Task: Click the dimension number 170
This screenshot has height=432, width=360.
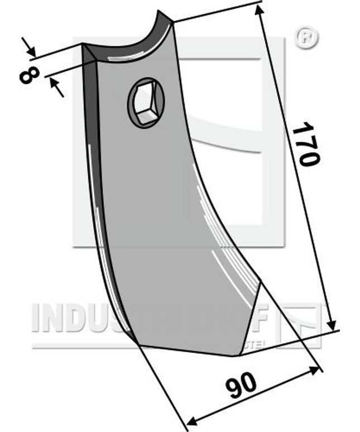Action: point(306,144)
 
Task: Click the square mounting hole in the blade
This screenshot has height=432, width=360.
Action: point(146,102)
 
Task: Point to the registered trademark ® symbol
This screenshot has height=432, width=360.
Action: point(306,39)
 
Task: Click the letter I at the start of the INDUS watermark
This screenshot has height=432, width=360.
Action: point(37,319)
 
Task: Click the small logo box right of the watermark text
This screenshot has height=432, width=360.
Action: point(301,324)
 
